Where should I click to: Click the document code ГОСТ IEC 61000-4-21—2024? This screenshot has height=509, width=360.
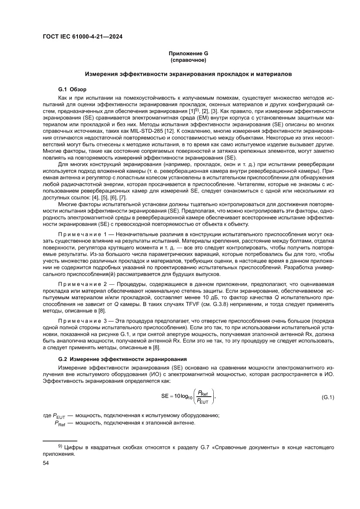83,37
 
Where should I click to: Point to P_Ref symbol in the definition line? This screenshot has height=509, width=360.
60,423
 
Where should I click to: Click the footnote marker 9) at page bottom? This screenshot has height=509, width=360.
61,446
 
